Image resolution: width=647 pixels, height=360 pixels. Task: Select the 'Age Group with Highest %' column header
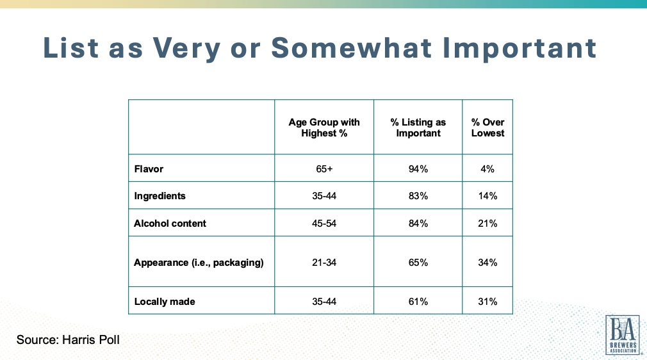pyautogui.click(x=324, y=127)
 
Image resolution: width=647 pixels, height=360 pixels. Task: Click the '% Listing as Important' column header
pyautogui.click(x=418, y=127)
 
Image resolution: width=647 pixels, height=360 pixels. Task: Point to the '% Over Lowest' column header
pyautogui.click(x=487, y=127)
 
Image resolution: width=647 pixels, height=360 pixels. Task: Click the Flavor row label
pyautogui.click(x=149, y=170)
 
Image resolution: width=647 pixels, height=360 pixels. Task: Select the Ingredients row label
pyautogui.click(x=160, y=195)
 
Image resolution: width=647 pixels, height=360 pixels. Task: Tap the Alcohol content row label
pyautogui.click(x=170, y=223)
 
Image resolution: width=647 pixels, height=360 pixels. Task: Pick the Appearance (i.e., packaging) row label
pyautogui.click(x=199, y=262)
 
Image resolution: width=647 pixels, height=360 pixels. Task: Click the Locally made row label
pyautogui.click(x=165, y=301)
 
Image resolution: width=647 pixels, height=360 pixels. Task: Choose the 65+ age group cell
pyautogui.click(x=324, y=170)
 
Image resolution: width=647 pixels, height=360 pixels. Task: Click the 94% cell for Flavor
pyautogui.click(x=418, y=170)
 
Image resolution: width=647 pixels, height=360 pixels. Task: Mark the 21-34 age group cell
pyautogui.click(x=324, y=262)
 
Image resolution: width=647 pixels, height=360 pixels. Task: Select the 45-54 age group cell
pyautogui.click(x=324, y=223)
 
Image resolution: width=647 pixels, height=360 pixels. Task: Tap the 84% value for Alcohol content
pyautogui.click(x=418, y=223)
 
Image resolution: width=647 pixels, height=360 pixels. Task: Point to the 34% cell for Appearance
pyautogui.click(x=487, y=262)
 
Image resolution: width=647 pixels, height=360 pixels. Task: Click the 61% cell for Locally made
pyautogui.click(x=418, y=301)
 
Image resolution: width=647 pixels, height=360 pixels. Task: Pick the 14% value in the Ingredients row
pyautogui.click(x=487, y=195)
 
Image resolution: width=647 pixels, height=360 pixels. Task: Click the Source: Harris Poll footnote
pyautogui.click(x=68, y=340)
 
